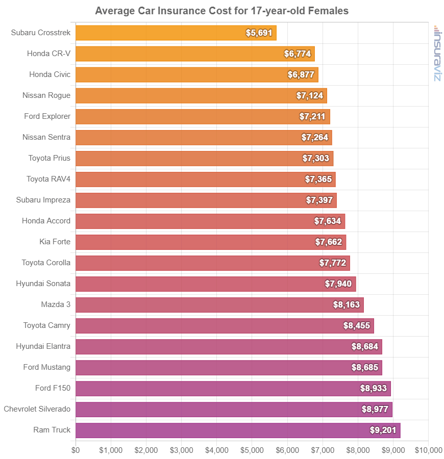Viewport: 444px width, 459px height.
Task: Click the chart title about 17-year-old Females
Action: [221, 11]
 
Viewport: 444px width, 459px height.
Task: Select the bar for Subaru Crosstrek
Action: [176, 33]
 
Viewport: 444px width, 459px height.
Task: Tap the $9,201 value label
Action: [383, 430]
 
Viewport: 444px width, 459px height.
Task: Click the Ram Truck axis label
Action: [52, 430]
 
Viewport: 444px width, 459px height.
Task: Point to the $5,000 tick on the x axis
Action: [252, 450]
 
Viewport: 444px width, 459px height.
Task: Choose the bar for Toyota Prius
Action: [204, 159]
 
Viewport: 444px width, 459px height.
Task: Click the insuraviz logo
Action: [437, 53]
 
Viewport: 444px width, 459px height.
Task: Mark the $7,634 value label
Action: [327, 221]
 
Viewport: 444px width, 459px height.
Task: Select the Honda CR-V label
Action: [49, 54]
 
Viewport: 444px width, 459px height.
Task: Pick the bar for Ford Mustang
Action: [229, 368]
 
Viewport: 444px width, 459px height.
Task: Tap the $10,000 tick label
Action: [428, 450]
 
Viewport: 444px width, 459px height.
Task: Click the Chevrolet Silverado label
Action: [37, 409]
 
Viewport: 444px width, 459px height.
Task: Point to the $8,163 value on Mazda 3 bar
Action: [346, 305]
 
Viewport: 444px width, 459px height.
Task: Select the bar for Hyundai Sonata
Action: [215, 284]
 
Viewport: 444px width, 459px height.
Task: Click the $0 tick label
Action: [76, 450]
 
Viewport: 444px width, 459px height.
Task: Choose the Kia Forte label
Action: [55, 242]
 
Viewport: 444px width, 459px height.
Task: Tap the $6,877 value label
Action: [301, 75]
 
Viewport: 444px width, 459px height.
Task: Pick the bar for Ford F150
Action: [233, 389]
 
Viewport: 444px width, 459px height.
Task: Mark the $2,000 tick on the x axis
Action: [146, 450]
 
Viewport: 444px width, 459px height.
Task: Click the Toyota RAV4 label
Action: [48, 179]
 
